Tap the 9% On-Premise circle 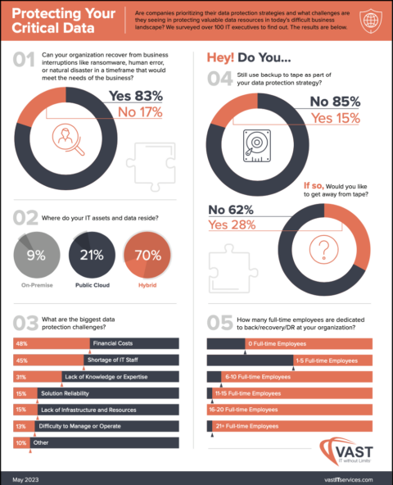tap(36, 255)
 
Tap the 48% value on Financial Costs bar tap(21, 343)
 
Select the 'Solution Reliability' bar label tap(70, 393)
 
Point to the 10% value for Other tap(20, 443)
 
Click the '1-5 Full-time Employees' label tap(327, 360)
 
